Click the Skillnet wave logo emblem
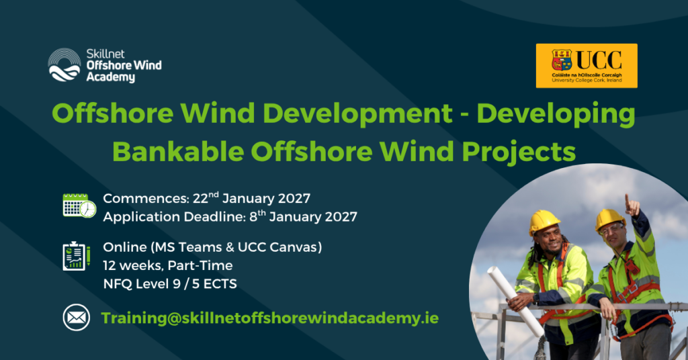[64, 65]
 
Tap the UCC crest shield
[562, 60]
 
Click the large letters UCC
[599, 60]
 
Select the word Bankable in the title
[178, 152]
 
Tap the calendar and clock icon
[79, 206]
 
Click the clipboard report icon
[77, 256]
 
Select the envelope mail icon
[77, 318]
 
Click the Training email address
[270, 318]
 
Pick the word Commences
[146, 199]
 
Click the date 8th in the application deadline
[257, 216]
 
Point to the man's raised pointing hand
[632, 206]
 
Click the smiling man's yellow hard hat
[544, 222]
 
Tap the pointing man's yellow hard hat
[609, 219]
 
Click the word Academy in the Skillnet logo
[111, 77]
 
